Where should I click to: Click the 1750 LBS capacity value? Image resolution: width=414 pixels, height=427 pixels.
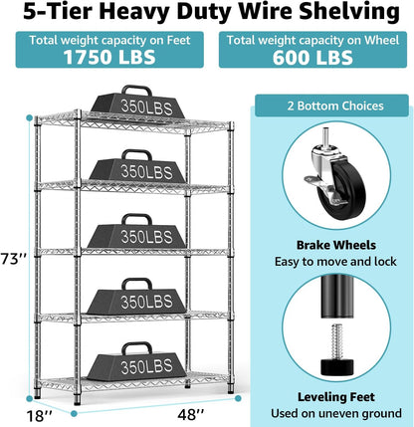click(x=106, y=58)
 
